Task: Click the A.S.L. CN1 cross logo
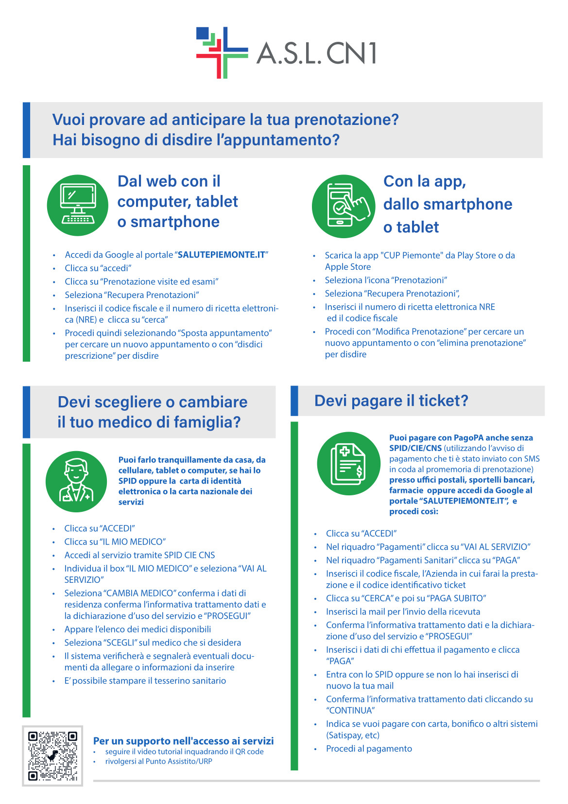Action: (x=222, y=52)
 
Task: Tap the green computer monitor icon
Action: (x=77, y=205)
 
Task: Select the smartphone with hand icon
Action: (x=344, y=206)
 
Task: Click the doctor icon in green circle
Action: (x=76, y=481)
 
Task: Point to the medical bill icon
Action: (x=348, y=464)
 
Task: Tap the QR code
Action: (x=52, y=755)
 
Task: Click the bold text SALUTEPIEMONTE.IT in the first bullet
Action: (x=222, y=255)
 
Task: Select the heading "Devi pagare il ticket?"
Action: (x=391, y=401)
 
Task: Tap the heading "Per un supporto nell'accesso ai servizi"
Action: (x=183, y=741)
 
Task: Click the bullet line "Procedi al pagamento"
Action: (x=369, y=749)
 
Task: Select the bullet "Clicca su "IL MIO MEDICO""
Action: (x=115, y=542)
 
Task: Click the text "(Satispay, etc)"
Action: (x=353, y=735)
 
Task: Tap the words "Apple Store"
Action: (x=348, y=267)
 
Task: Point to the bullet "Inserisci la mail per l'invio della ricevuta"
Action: (x=403, y=612)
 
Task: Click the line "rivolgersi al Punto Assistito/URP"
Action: (x=158, y=761)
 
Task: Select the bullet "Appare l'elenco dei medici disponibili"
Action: (x=138, y=629)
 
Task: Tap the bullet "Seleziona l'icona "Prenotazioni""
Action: (x=386, y=280)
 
